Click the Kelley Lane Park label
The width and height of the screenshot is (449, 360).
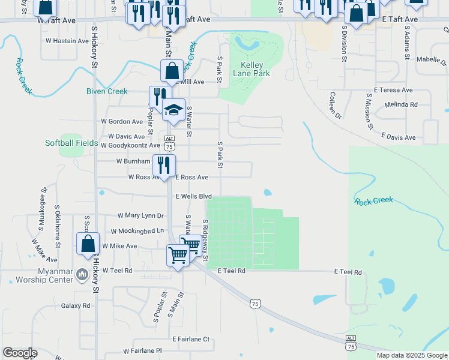pyautogui.click(x=255, y=69)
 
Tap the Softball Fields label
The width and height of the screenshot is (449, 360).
pyautogui.click(x=71, y=143)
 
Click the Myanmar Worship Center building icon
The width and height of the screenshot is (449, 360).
pyautogui.click(x=82, y=275)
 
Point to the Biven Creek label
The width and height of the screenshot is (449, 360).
pyautogui.click(x=107, y=91)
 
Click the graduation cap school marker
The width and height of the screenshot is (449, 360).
pyautogui.click(x=174, y=110)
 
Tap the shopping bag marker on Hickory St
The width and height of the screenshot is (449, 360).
pyautogui.click(x=88, y=244)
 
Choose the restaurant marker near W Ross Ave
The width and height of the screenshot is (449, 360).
pyautogui.click(x=163, y=164)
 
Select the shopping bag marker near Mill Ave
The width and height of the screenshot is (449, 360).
pyautogui.click(x=172, y=71)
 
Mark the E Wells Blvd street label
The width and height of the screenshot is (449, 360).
pyautogui.click(x=194, y=196)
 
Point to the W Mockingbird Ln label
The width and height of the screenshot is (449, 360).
pyautogui.click(x=137, y=231)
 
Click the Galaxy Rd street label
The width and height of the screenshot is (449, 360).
pyautogui.click(x=76, y=305)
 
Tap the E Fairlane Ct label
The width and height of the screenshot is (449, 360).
pyautogui.click(x=191, y=339)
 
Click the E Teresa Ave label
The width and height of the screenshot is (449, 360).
pyautogui.click(x=393, y=90)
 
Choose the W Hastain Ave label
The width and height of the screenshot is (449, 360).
pyautogui.click(x=67, y=41)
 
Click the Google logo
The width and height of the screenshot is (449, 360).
pyautogui.click(x=20, y=353)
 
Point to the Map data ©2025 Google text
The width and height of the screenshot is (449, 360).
pyautogui.click(x=412, y=355)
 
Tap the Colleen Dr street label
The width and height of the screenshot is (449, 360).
pyautogui.click(x=334, y=105)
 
